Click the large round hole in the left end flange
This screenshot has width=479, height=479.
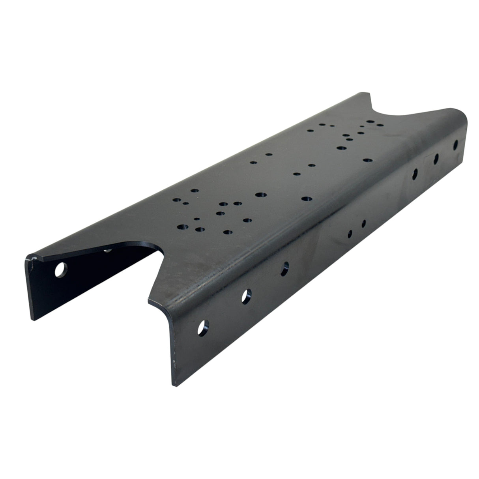60,271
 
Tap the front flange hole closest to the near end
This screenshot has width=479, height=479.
204,326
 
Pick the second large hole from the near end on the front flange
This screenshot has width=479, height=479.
247,295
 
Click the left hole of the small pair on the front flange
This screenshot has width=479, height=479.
350,234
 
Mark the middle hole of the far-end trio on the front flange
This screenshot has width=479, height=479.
436,159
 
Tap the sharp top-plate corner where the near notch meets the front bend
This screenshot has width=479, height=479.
148,301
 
